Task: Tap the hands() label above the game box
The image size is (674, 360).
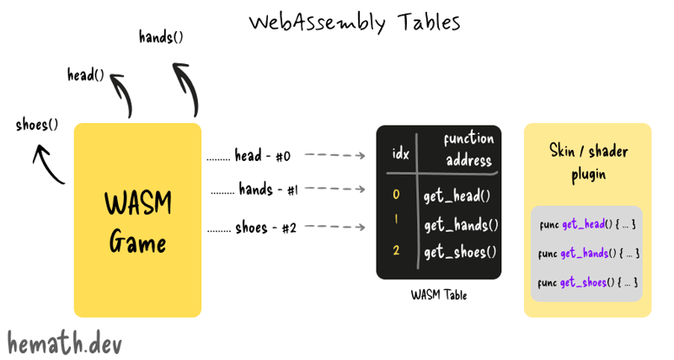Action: coord(161,37)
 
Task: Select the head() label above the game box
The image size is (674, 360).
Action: coord(86,75)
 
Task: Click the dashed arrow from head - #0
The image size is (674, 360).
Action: coord(334,156)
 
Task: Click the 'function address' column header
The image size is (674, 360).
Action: coord(468,149)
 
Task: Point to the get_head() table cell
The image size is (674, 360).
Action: coord(457,196)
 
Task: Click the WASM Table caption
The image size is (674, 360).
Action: coord(438,295)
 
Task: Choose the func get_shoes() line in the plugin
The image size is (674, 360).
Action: coord(587,282)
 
